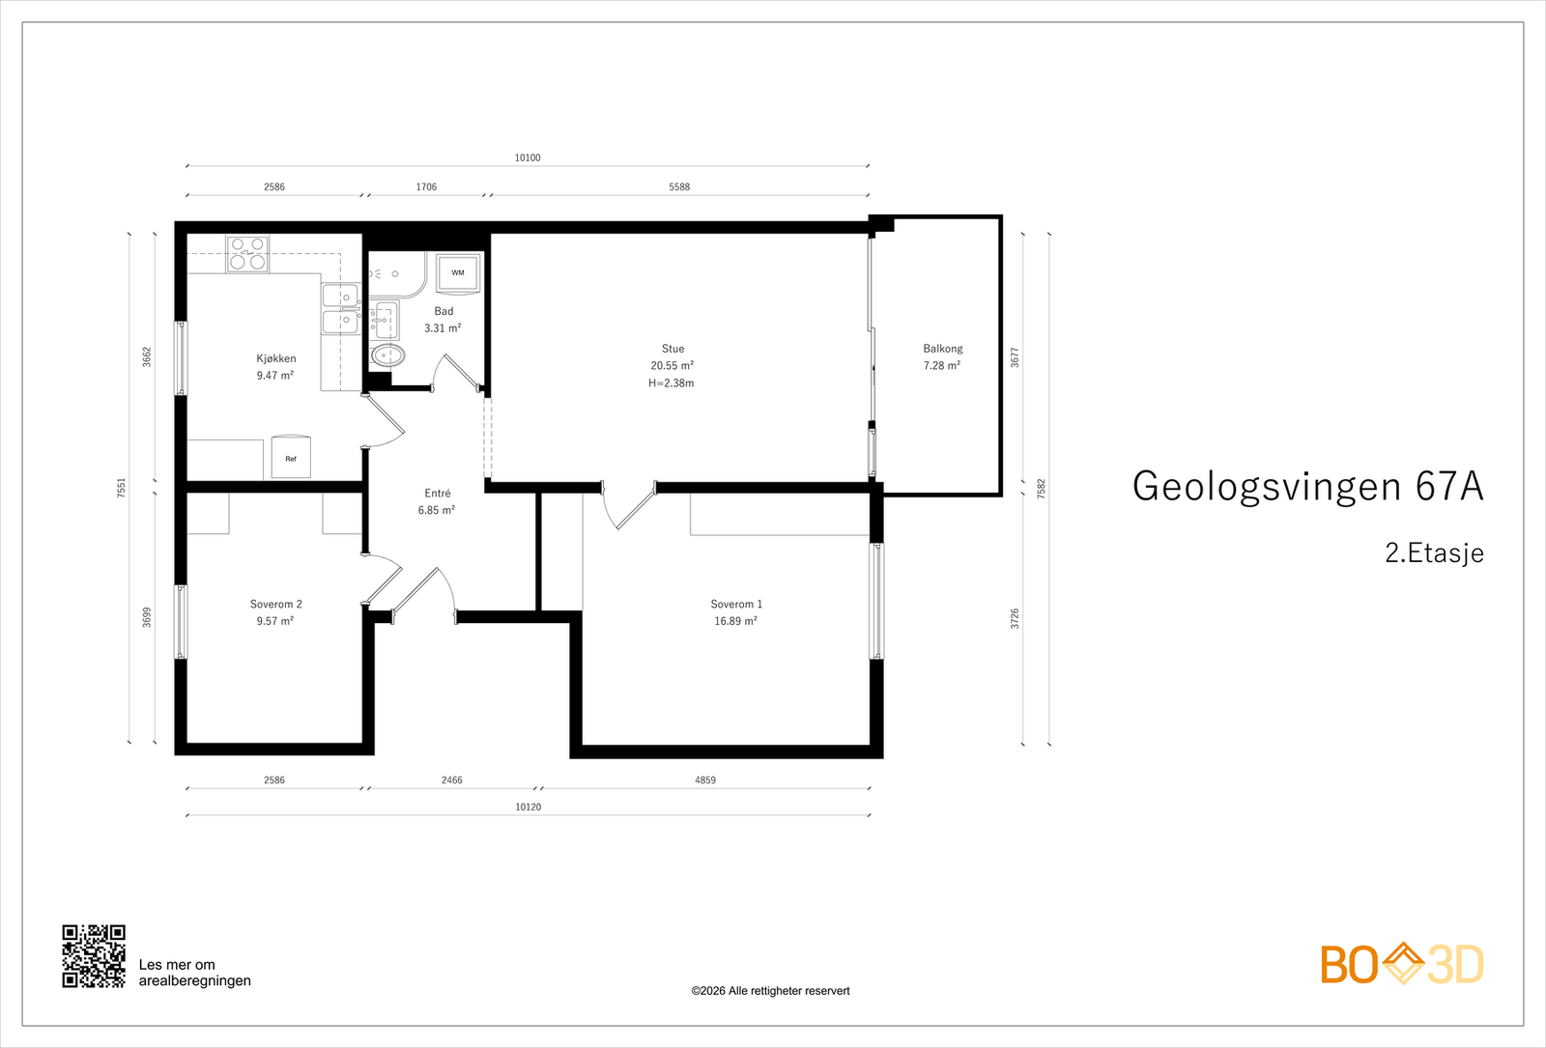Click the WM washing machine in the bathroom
coord(458,273)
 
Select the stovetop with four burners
coord(247,254)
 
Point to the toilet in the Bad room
coord(387,356)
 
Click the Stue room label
coord(673,349)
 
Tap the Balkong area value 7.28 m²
coord(942,366)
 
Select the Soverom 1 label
coord(736,604)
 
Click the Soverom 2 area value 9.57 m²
coord(275,621)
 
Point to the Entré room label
coord(438,493)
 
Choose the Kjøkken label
coord(276,358)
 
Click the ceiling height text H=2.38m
coord(672,382)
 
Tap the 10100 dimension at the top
coord(528,158)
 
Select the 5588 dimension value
coord(679,187)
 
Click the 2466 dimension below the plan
coord(452,780)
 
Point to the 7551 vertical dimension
coord(122,488)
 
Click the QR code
coord(94,956)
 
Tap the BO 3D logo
coord(1402,963)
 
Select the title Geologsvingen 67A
coord(1308,486)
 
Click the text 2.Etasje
coord(1434,552)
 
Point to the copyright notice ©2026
coord(770,991)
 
